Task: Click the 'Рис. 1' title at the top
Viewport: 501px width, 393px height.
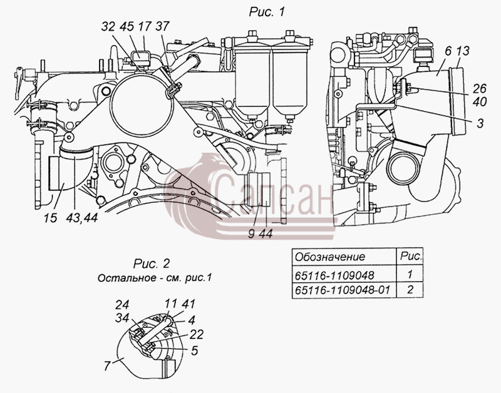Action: [266, 12]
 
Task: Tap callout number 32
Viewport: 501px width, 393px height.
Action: [108, 26]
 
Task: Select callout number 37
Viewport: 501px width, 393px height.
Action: [162, 26]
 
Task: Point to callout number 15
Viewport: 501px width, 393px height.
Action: [51, 218]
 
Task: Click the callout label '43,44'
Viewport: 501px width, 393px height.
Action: [82, 218]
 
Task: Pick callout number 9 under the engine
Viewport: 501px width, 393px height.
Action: [252, 234]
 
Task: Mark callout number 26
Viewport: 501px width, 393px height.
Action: [479, 88]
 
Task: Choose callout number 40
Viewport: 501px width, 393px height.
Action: [479, 102]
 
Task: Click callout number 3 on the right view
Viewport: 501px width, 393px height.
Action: [480, 123]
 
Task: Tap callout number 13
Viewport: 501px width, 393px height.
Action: [463, 51]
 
